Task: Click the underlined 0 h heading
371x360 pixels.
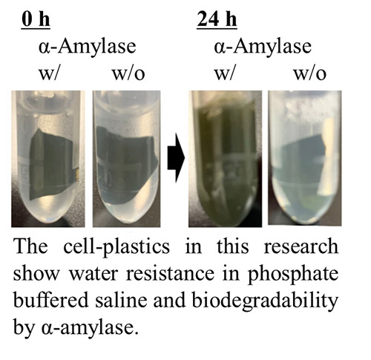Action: pyautogui.click(x=36, y=20)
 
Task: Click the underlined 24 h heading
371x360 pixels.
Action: pyautogui.click(x=217, y=20)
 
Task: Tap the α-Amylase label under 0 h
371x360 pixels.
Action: pyautogui.click(x=88, y=47)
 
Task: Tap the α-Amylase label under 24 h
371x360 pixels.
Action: pyautogui.click(x=263, y=47)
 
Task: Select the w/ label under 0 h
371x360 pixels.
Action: pyautogui.click(x=50, y=73)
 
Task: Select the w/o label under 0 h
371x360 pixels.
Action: pyautogui.click(x=128, y=73)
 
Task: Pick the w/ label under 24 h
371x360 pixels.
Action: pyautogui.click(x=224, y=73)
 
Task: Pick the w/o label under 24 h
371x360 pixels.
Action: pyautogui.click(x=310, y=73)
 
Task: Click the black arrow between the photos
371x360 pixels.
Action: pyautogui.click(x=176, y=157)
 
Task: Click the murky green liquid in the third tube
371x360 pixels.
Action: pyautogui.click(x=225, y=161)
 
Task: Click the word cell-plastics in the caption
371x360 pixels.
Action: pyautogui.click(x=116, y=247)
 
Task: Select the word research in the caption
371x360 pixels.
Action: pyautogui.click(x=301, y=246)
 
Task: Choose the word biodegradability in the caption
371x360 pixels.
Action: pyautogui.click(x=265, y=302)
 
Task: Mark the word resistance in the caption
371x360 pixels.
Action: pyautogui.click(x=171, y=274)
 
